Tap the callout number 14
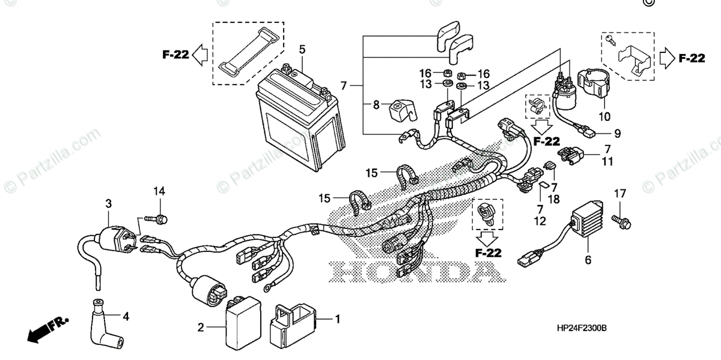pos(159,191)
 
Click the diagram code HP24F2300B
pos(582,329)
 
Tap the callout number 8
pos(376,104)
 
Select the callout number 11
pos(608,161)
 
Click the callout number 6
pos(588,260)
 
